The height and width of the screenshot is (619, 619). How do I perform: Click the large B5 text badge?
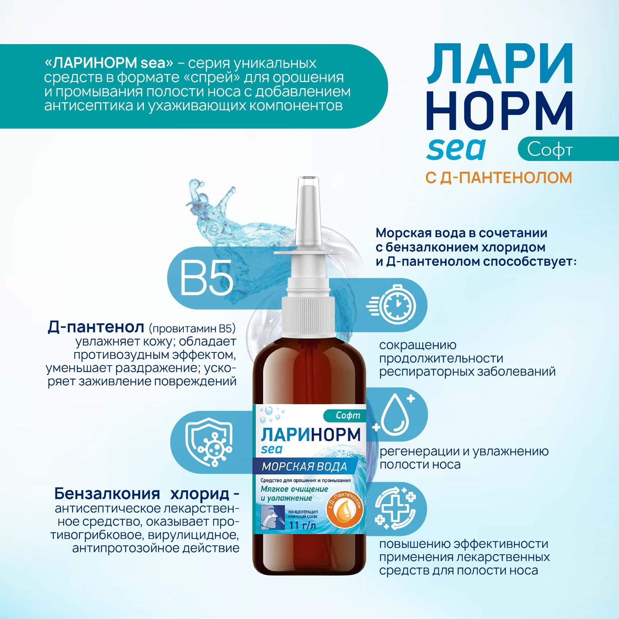[207, 277]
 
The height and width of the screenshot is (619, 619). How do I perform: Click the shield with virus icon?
[209, 442]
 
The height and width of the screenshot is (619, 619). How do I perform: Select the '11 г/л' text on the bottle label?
[303, 525]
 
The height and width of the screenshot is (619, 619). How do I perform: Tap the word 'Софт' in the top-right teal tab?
[550, 150]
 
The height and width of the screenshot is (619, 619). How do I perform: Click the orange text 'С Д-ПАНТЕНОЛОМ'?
[499, 178]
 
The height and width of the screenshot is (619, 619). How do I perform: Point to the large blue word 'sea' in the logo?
[456, 149]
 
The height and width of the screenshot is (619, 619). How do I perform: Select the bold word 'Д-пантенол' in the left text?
[96, 327]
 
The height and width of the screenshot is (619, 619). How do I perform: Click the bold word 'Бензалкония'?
[107, 494]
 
